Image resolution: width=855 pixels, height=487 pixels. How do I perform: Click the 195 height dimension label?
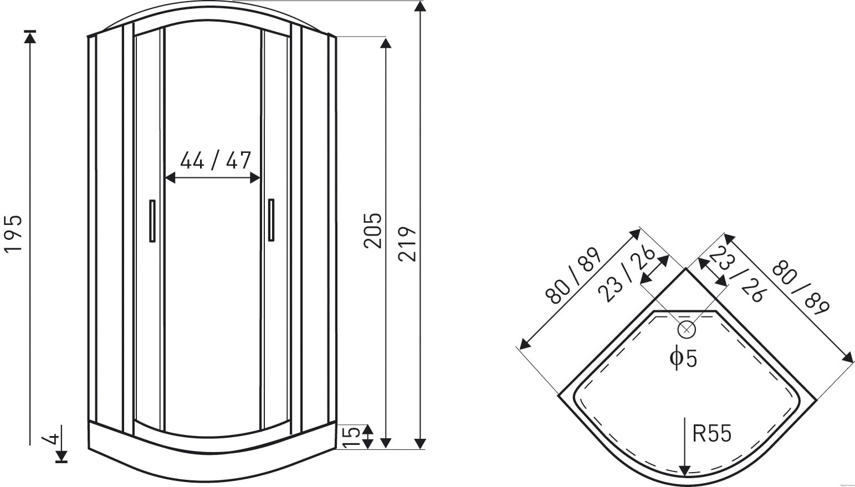click(x=13, y=234)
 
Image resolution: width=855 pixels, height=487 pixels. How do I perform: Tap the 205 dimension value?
click(x=372, y=231)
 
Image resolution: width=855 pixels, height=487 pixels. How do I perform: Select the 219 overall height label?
click(x=407, y=244)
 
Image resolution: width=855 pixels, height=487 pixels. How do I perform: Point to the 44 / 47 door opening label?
click(x=216, y=160)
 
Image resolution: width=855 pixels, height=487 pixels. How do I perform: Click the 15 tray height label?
click(x=351, y=437)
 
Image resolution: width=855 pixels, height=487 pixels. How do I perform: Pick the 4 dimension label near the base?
click(x=51, y=439)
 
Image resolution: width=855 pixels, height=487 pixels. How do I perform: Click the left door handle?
click(x=152, y=221)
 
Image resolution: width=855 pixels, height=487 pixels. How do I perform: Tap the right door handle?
click(x=271, y=220)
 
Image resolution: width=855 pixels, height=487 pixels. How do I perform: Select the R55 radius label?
click(x=711, y=434)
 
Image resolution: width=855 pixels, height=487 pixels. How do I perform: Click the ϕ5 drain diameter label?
click(x=683, y=357)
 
